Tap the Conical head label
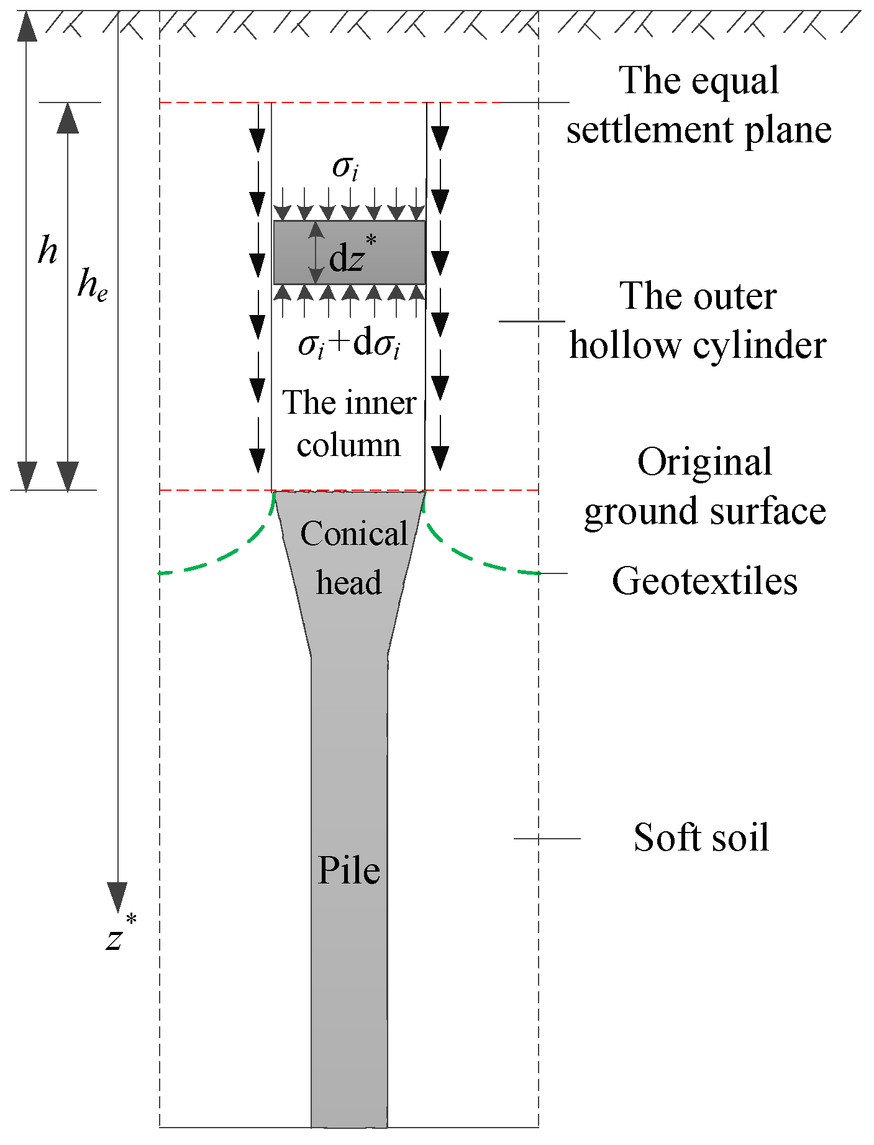pos(352,557)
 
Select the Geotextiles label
pos(704,582)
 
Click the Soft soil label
pos(701,837)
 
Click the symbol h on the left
pos(47,251)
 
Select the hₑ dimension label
pos(92,286)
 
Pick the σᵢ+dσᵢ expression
pos(349,345)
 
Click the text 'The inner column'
pos(349,424)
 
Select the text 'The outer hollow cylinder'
pos(698,321)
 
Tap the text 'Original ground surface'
pos(704,486)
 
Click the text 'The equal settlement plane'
pos(699,105)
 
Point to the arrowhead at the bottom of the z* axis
pos(117,896)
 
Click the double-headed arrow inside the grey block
pos(317,253)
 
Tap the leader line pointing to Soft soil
pos(547,839)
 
